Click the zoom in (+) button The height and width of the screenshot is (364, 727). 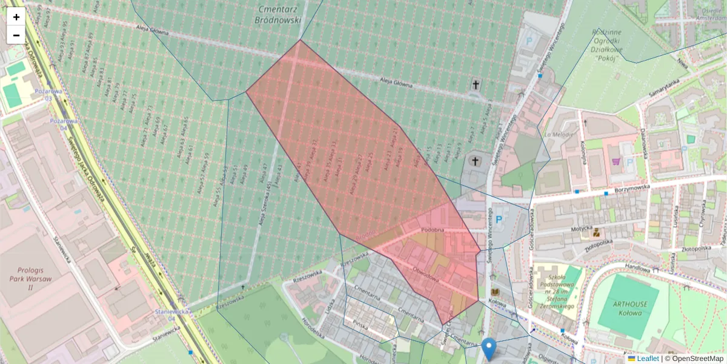16,17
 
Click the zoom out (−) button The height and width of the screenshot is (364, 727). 16,35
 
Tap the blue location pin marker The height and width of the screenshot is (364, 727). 490,349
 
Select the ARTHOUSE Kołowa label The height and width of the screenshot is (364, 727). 622,309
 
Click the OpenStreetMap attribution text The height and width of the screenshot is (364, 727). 696,359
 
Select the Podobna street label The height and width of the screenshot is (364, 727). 433,230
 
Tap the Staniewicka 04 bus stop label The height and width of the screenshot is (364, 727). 165,315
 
